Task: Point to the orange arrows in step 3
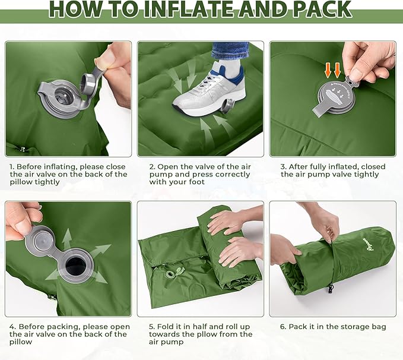[x=333, y=70]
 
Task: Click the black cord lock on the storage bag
[x=330, y=289]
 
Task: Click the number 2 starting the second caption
[x=152, y=167]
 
